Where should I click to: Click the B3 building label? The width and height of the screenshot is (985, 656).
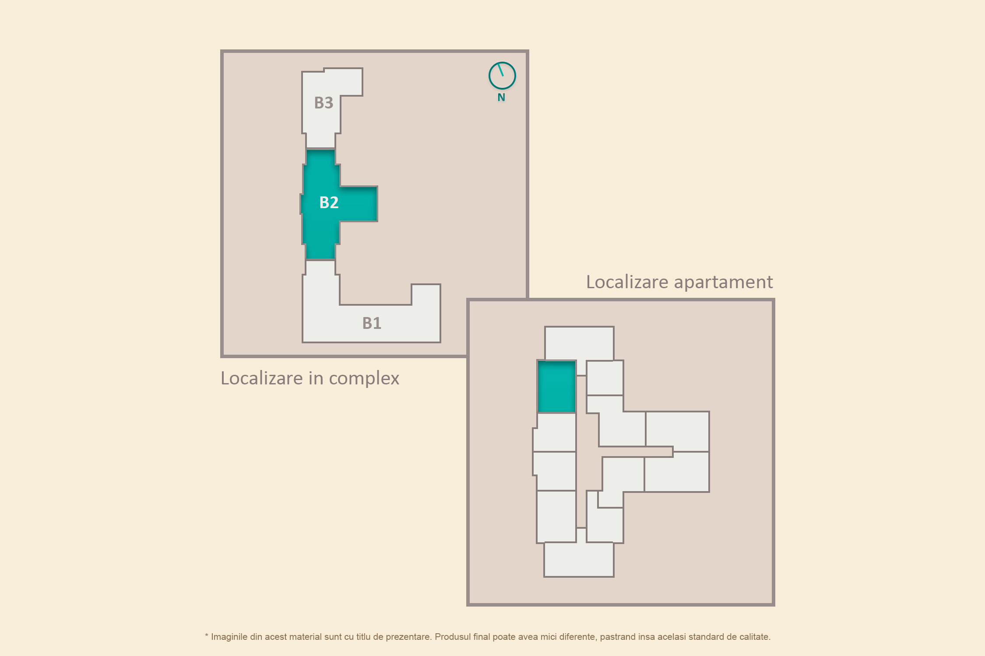point(324,103)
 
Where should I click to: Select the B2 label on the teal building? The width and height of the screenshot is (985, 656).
point(329,202)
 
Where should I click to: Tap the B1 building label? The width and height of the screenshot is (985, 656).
point(372,323)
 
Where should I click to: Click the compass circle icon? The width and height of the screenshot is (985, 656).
point(502,76)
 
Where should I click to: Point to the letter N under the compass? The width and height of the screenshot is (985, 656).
point(501,98)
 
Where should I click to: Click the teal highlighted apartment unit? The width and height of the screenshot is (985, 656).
point(556,387)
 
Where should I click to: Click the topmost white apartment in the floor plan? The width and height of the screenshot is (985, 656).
point(579,343)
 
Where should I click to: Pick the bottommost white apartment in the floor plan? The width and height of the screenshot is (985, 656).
point(579,559)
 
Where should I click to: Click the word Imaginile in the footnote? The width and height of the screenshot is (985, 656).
point(229,637)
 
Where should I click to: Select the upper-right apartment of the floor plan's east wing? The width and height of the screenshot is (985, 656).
point(678,431)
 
